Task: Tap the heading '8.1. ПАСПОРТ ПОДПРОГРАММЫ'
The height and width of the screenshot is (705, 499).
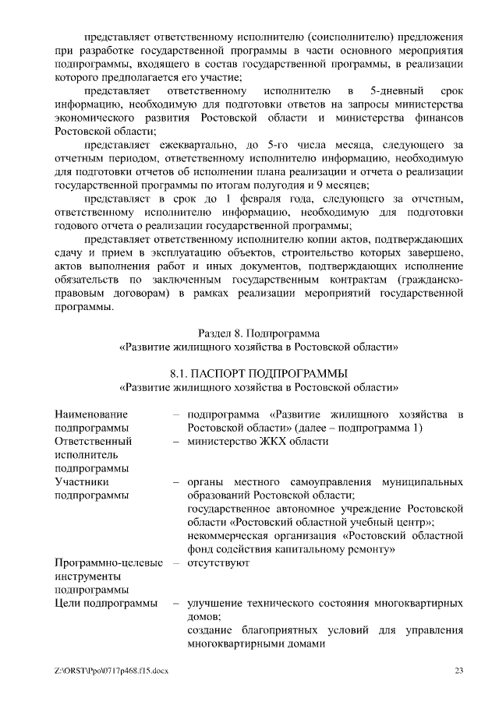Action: click(259, 372)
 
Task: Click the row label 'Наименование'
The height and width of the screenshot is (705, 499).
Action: click(91, 414)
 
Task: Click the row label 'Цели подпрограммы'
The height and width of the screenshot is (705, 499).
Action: click(105, 603)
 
